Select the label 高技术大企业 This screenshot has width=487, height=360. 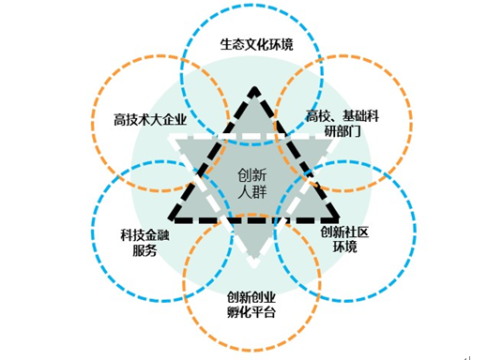145,120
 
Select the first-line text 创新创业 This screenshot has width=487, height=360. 251,297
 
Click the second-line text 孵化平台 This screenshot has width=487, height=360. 251,313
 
